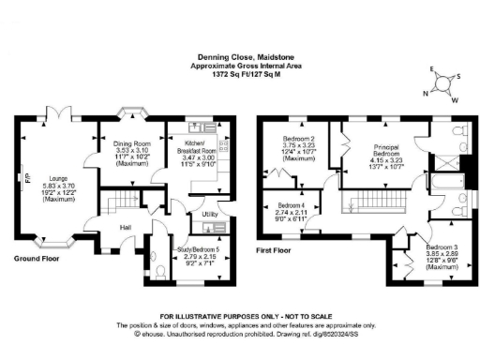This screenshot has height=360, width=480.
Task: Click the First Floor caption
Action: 277,250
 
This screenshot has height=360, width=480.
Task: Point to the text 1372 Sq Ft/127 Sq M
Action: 239,75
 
